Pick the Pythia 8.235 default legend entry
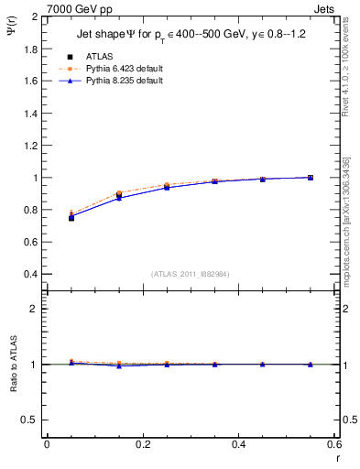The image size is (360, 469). pyautogui.click(x=124, y=81)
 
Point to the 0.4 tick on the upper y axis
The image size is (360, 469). pyautogui.click(x=28, y=274)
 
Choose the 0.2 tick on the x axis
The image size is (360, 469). pyautogui.click(x=142, y=444)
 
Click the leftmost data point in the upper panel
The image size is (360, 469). pyautogui.click(x=71, y=217)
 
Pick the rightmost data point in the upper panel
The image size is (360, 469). pyautogui.click(x=311, y=178)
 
